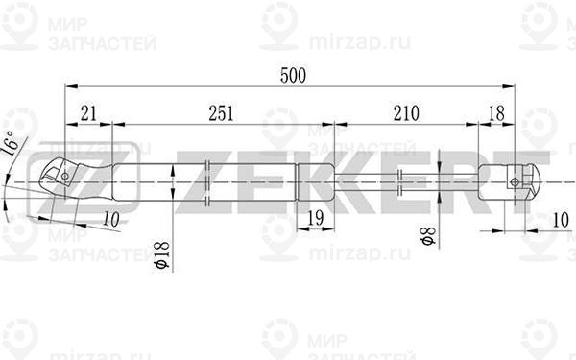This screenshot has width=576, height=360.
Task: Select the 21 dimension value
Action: [88, 114]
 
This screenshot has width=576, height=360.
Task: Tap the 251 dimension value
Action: [222, 114]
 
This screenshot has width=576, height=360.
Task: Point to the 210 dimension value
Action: [406, 114]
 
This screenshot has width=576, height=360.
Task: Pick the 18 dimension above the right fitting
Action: [496, 114]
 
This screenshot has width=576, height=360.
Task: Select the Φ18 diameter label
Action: [161, 253]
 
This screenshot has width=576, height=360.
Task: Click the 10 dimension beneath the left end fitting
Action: [111, 220]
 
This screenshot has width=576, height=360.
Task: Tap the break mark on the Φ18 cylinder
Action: [209, 180]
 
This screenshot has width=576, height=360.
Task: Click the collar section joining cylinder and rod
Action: [316, 180]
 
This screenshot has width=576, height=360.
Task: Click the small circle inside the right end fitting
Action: [516, 181]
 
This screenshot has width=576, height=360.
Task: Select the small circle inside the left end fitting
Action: [64, 176]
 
